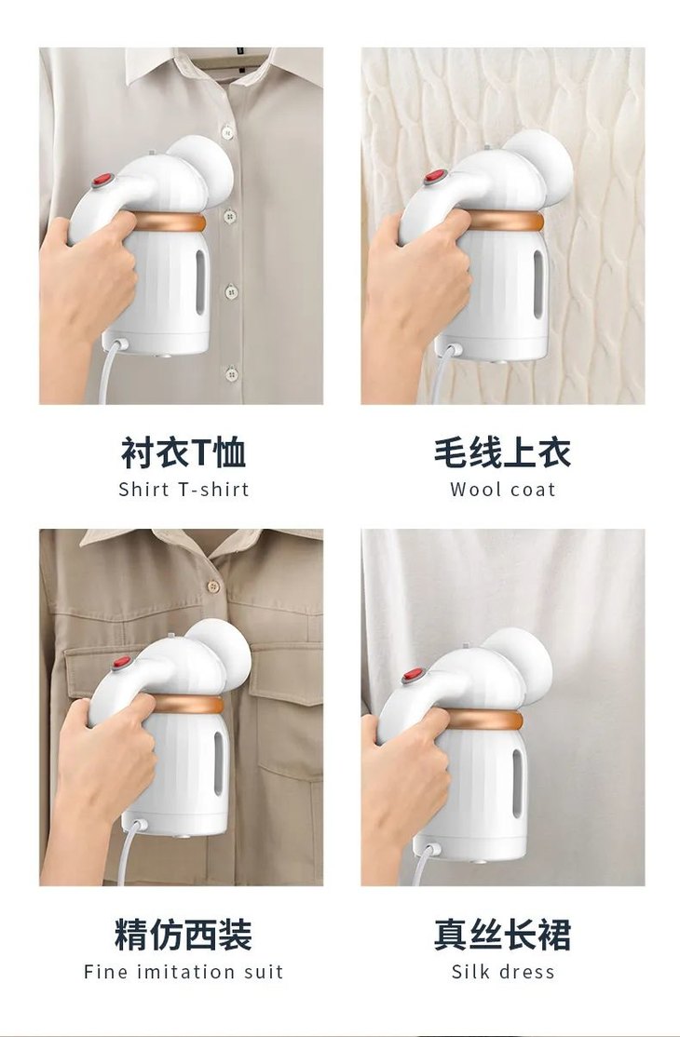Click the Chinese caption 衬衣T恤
(x=184, y=452)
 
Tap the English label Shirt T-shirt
(x=184, y=490)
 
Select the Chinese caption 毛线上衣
(x=502, y=452)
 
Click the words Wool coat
(x=502, y=490)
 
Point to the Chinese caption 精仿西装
(x=184, y=935)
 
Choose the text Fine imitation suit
(x=184, y=972)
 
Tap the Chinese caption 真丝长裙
(x=502, y=935)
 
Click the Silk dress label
(x=502, y=972)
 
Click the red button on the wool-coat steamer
(x=434, y=177)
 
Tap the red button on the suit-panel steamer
(x=121, y=663)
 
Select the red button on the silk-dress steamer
(x=413, y=674)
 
